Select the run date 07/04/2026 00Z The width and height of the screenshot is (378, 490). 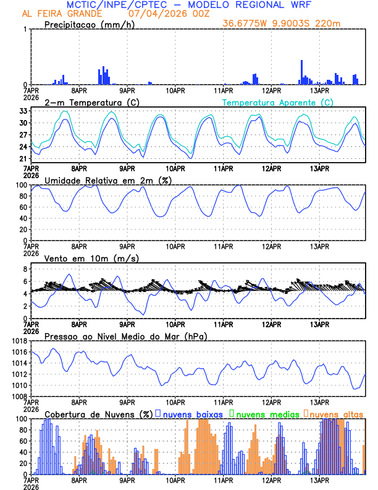click(165, 14)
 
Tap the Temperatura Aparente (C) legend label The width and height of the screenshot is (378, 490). click(277, 102)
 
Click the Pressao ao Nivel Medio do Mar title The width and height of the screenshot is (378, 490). click(126, 336)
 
